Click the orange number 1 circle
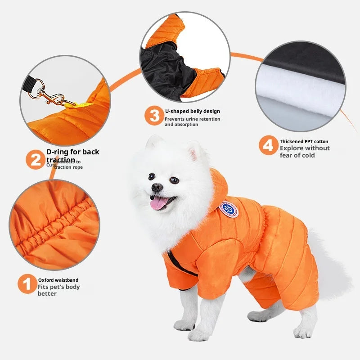tap(27, 284)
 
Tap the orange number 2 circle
tap(35, 160)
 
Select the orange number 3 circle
tap(154, 116)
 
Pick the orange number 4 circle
tap(268, 145)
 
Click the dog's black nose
tap(157, 187)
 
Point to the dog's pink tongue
tap(158, 204)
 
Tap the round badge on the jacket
tap(229, 209)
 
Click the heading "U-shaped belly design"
tap(192, 111)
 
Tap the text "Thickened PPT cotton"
tap(304, 141)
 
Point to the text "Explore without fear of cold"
tap(304, 152)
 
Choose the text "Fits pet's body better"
tap(58, 290)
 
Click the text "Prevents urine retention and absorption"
tap(192, 121)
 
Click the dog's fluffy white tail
tap(333, 270)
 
